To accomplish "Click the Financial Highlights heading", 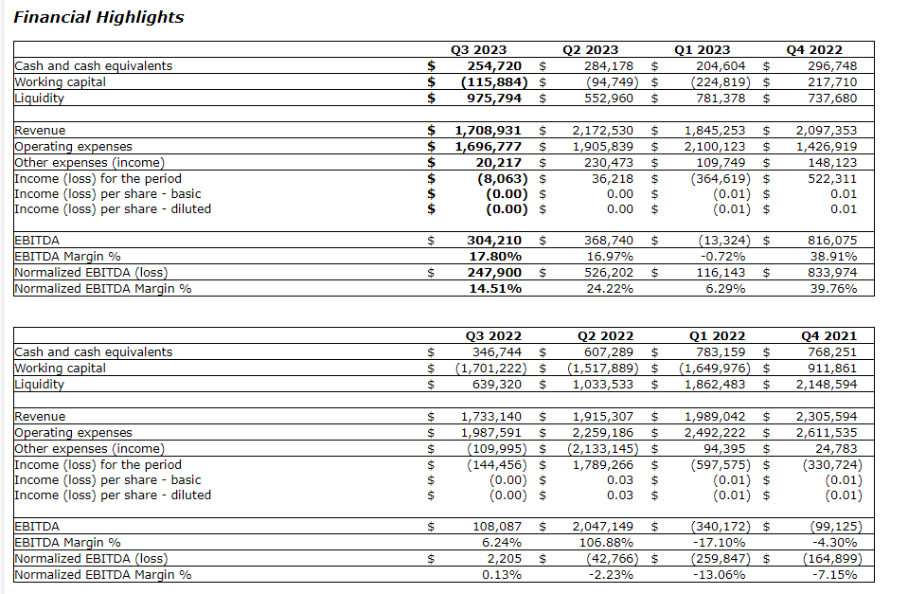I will [x=98, y=17].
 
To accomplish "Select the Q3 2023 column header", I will [x=478, y=50].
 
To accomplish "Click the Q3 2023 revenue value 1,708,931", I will [x=489, y=130].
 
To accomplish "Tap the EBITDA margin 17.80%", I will [x=496, y=256].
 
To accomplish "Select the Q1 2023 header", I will [x=702, y=50].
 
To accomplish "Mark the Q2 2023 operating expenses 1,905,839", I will [x=603, y=146].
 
